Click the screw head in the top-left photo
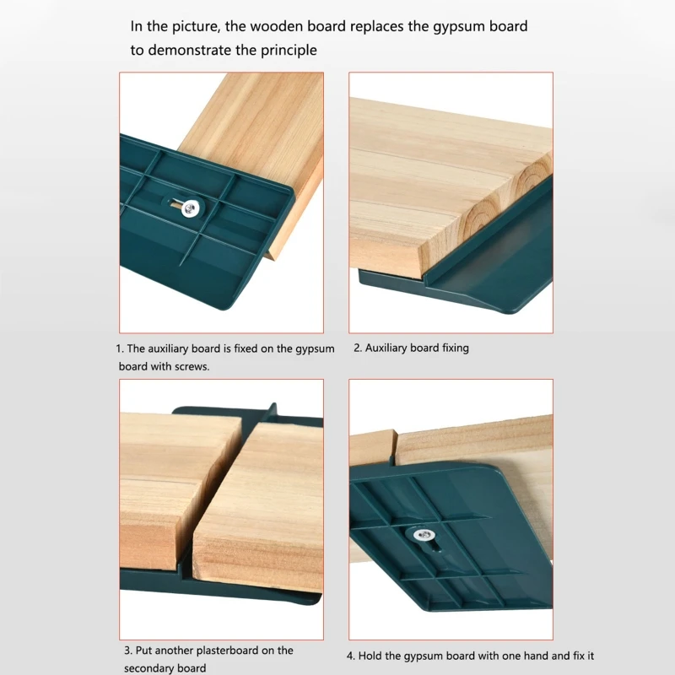(193, 208)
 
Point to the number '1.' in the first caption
(119, 348)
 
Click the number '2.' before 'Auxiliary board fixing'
(358, 348)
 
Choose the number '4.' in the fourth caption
(351, 656)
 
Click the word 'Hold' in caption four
(374, 656)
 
